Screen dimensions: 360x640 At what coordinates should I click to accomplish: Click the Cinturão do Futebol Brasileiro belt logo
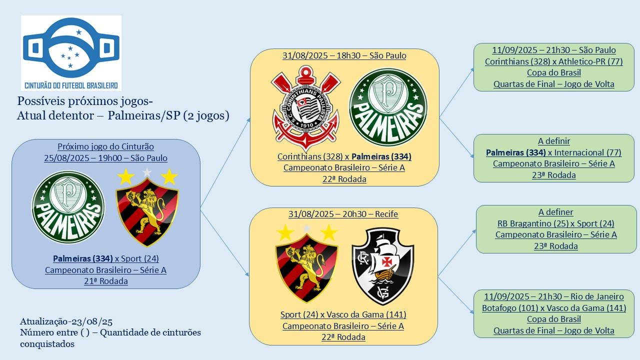pos(71,52)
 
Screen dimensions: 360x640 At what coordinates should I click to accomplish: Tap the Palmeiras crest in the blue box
pos(68,207)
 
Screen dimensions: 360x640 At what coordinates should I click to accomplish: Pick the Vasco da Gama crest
pos(382,266)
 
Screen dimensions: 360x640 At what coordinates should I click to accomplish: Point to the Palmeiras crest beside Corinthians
pos(387,107)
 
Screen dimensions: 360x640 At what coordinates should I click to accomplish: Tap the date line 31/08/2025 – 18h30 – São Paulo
pos(344,55)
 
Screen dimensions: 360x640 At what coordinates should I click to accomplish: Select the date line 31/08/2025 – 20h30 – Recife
pos(343,214)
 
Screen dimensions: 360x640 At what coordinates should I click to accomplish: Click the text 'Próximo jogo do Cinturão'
pos(105,146)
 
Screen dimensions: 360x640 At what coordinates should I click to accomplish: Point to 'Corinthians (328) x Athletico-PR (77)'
pos(553,61)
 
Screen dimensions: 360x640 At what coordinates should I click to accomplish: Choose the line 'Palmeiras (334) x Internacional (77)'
pos(553,152)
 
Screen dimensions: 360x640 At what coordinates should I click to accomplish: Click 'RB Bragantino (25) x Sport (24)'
pos(555,223)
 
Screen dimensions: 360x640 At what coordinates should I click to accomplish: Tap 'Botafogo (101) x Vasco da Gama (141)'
pos(553,308)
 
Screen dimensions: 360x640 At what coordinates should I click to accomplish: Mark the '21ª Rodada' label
pos(105,281)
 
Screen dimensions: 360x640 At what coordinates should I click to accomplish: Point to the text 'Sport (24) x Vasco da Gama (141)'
pos(343,314)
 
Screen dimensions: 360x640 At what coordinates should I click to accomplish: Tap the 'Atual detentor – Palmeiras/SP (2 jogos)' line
pos(123,116)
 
